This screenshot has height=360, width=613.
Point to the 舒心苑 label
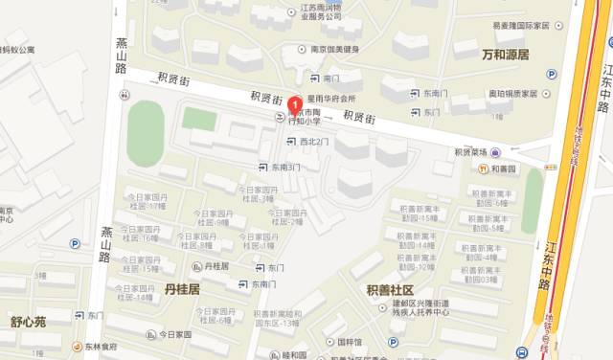click(29, 323)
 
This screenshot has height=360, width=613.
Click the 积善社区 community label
click(389, 289)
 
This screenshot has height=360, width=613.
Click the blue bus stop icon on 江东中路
click(520, 350)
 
